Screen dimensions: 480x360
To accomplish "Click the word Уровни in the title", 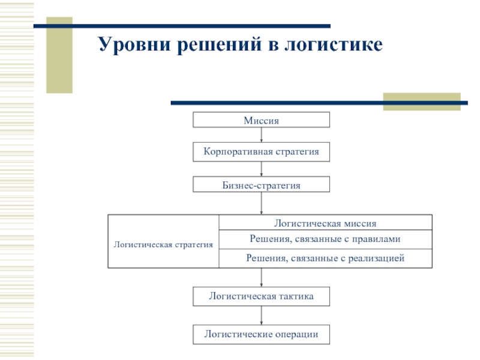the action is [x=134, y=44].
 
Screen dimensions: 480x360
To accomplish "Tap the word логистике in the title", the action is [x=334, y=44].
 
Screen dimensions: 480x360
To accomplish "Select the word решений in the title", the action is [x=220, y=45].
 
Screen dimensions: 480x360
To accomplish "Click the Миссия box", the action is [x=261, y=119].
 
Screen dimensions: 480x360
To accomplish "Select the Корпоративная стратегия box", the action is [x=261, y=152].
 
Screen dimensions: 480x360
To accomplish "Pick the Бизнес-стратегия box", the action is [x=261, y=184].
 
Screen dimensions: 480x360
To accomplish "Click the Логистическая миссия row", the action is [x=325, y=223].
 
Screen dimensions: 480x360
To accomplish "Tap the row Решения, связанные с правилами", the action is [x=325, y=239].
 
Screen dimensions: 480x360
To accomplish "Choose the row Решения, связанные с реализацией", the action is [x=325, y=259].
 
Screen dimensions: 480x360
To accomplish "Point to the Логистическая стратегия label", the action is [x=163, y=245].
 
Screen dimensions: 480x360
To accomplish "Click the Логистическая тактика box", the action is [x=261, y=296].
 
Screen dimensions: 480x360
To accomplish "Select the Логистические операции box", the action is [x=261, y=334].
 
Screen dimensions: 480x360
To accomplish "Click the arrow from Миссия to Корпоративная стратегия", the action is [x=261, y=134].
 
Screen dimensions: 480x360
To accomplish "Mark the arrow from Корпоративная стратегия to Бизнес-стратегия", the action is [x=261, y=169].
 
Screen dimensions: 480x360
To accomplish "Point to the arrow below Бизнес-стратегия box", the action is [x=261, y=203].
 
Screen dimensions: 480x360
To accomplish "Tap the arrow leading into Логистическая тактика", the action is [x=261, y=278].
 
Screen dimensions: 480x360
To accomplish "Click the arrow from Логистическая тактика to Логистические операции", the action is [x=261, y=316].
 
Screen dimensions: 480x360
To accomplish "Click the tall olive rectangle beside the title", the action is [x=59, y=55].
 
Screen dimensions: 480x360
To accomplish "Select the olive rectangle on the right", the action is [x=422, y=101].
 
